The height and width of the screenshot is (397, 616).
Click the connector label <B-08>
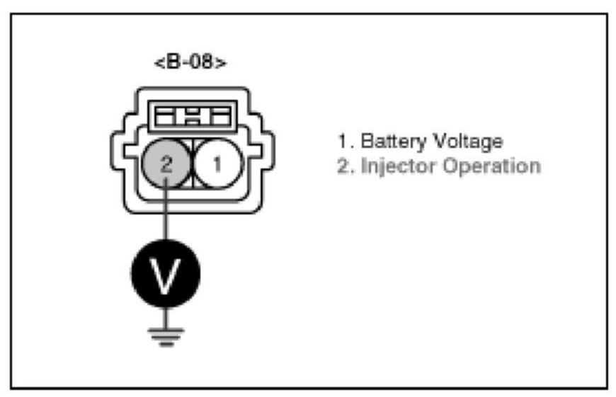click(x=190, y=62)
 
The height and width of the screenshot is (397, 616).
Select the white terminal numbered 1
click(x=217, y=164)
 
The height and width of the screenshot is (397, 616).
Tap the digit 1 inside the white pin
click(x=217, y=164)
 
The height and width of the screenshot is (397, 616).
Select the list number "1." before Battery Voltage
click(x=345, y=142)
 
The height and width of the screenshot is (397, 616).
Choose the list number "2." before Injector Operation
click(x=345, y=168)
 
